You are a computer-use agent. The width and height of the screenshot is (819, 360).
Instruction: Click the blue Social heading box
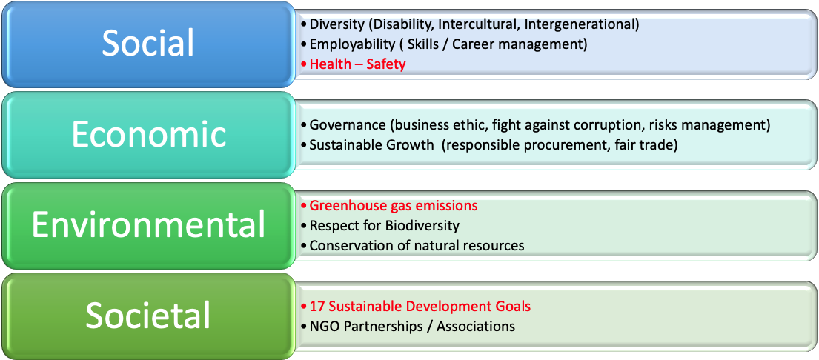pyautogui.click(x=147, y=44)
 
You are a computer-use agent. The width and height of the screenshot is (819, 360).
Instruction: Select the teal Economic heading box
pyautogui.click(x=147, y=135)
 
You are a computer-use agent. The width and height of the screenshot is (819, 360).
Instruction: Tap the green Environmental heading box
pyautogui.click(x=147, y=225)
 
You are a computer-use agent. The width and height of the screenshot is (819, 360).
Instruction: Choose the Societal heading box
pyautogui.click(x=147, y=316)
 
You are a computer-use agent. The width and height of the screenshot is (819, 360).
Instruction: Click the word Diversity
pyautogui.click(x=334, y=24)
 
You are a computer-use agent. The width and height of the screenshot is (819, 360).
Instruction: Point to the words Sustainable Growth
pyautogui.click(x=371, y=145)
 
